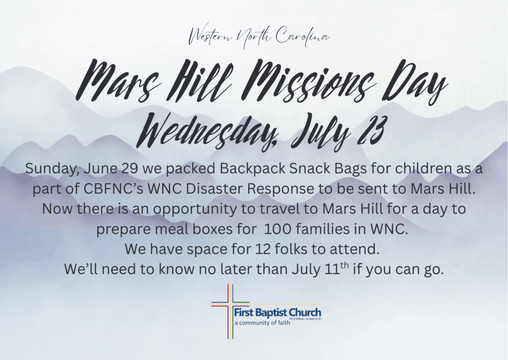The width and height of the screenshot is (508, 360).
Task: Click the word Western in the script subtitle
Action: (211, 37)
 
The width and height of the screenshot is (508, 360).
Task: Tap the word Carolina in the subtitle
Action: (302, 36)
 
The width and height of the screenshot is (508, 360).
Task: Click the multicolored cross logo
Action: (230, 311)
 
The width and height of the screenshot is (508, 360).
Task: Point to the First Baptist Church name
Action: (278, 313)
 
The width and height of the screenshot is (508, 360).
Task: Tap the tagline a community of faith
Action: (262, 323)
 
